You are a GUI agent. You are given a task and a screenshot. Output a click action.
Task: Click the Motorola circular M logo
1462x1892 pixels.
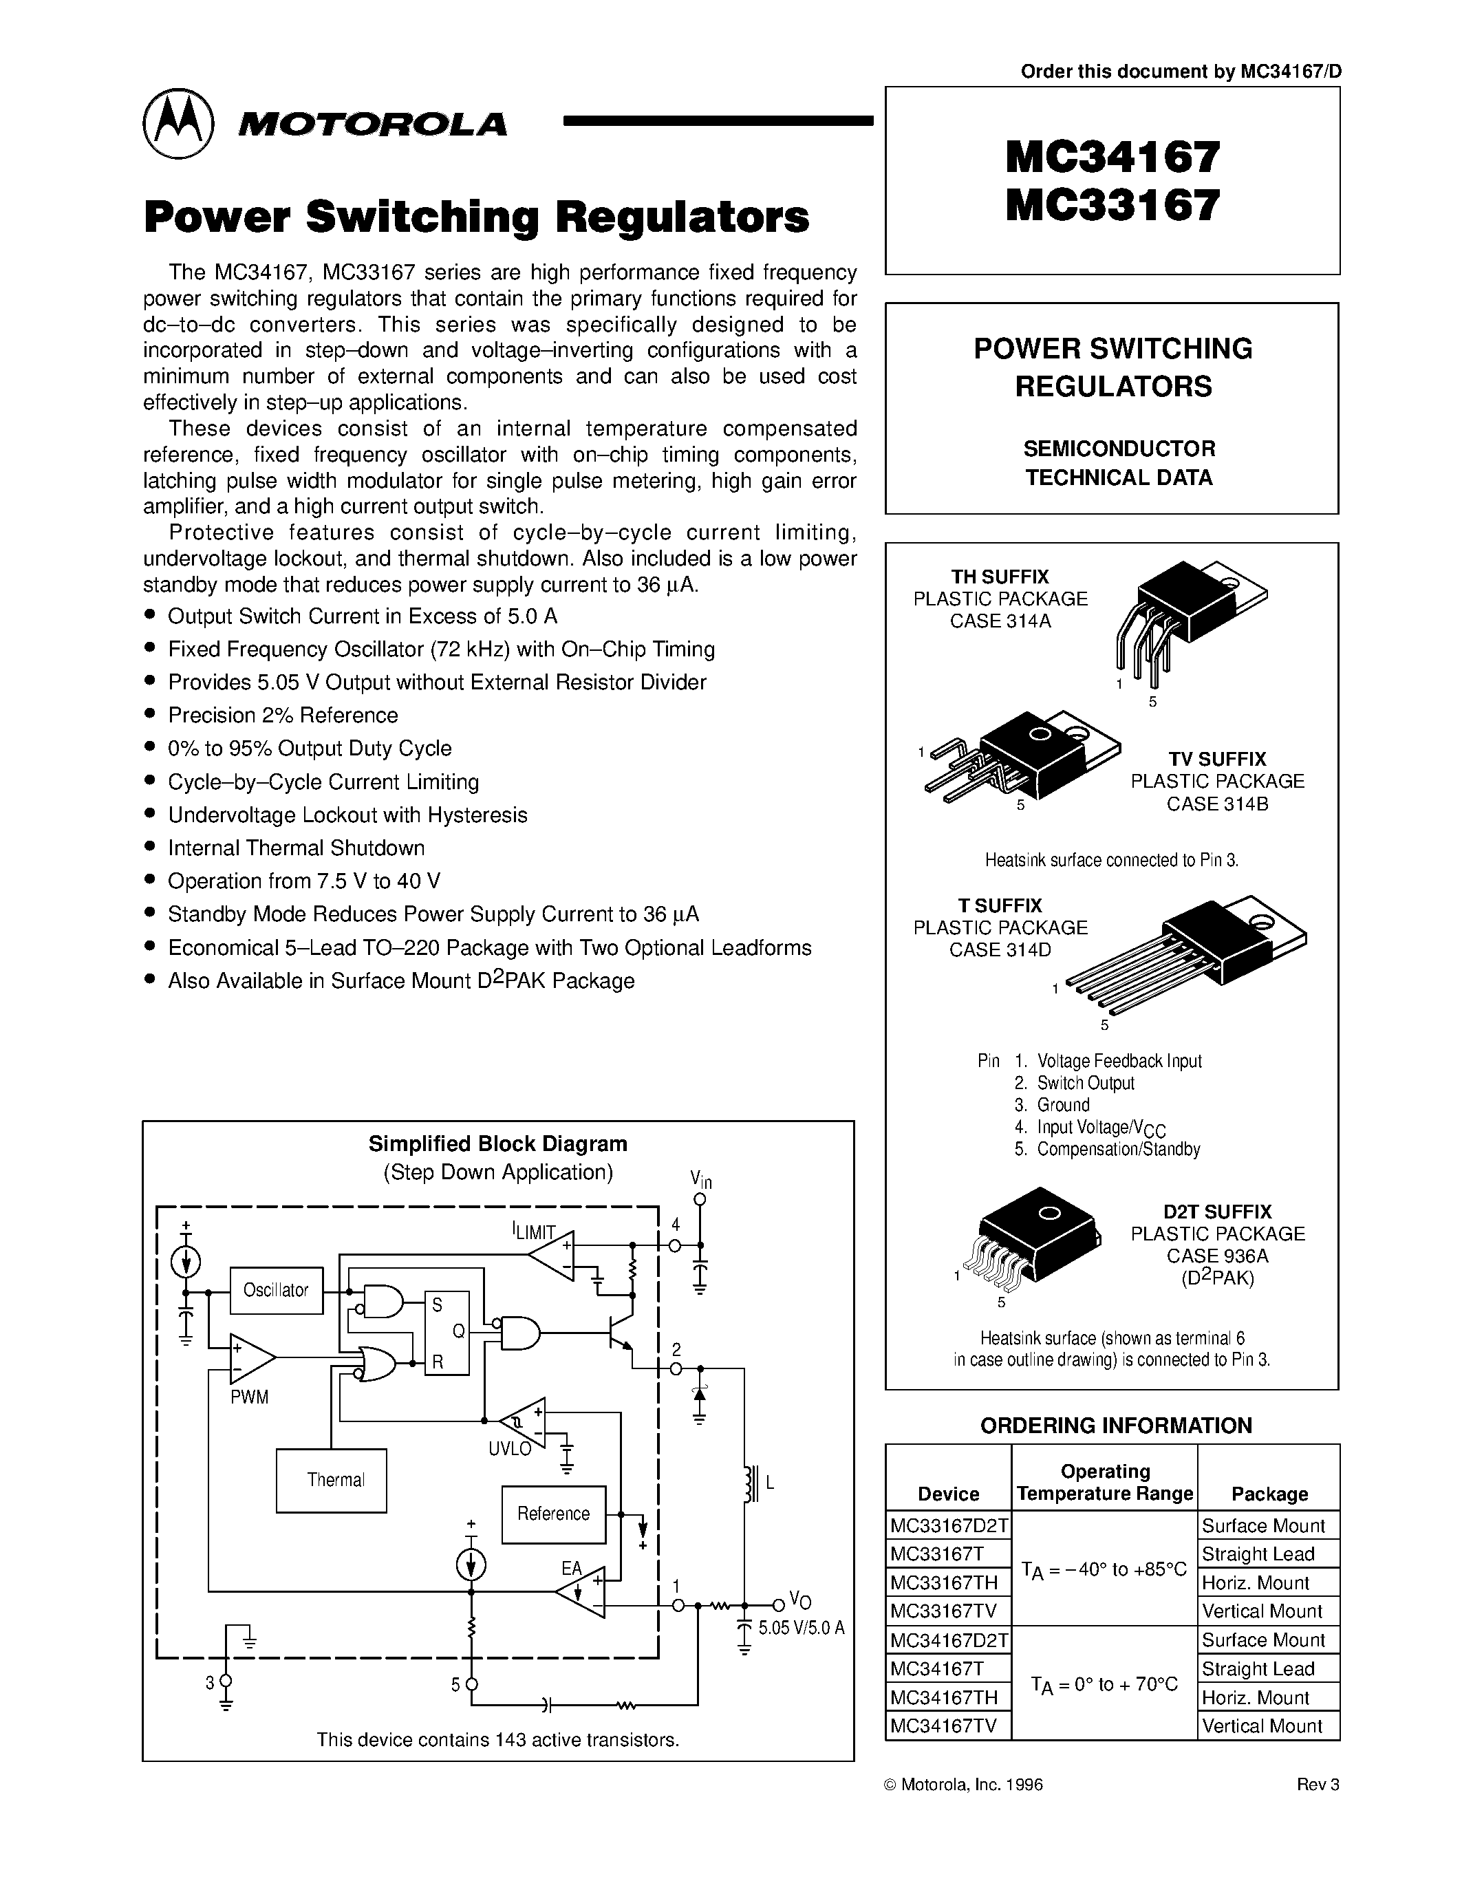[x=178, y=123]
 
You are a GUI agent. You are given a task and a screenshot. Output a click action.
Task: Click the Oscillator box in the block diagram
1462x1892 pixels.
[x=275, y=1290]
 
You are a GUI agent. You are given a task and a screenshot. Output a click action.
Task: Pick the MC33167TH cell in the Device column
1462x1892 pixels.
[x=947, y=1582]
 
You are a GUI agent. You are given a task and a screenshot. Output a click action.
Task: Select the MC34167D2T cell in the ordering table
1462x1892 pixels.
[x=948, y=1640]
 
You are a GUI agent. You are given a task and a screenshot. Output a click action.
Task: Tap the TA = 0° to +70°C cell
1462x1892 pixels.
[x=1104, y=1684]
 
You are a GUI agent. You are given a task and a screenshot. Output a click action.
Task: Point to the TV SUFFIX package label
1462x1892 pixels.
[x=1217, y=759]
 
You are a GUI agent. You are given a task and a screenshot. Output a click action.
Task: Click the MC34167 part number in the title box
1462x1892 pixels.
[x=1113, y=158]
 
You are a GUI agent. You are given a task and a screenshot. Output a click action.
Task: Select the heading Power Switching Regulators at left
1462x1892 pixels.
[x=476, y=217]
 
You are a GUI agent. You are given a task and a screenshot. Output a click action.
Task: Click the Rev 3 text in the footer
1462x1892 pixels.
[x=1318, y=1785]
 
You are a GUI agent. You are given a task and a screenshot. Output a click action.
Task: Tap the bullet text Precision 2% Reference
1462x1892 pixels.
[x=282, y=716]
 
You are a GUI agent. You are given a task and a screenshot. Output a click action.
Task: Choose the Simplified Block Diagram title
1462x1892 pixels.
[x=497, y=1143]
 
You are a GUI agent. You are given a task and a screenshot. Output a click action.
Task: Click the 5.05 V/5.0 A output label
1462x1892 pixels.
[x=801, y=1628]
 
